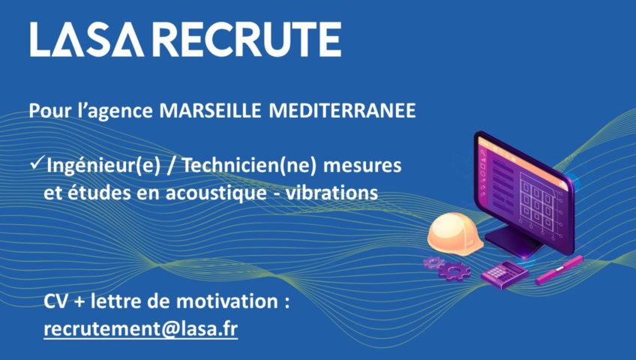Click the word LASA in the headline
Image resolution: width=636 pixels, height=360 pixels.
87,39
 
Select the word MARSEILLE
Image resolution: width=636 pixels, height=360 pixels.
210,111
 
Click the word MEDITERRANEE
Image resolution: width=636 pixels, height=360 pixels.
342,111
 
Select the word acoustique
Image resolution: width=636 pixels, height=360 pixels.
216,193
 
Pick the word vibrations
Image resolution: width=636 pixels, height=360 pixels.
332,193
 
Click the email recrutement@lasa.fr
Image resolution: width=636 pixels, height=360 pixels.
141,328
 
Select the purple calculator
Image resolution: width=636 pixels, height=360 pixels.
505,274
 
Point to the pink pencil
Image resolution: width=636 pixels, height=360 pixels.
559,271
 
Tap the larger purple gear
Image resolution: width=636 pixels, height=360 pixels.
454,271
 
